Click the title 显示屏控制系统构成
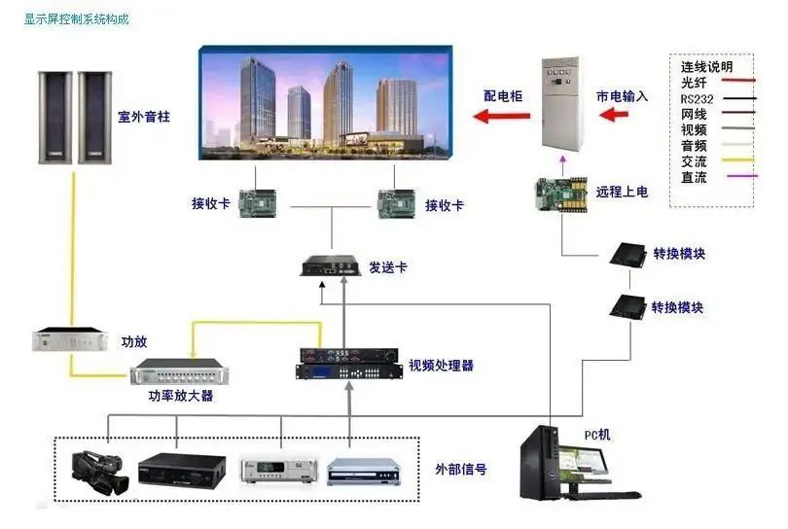(77, 18)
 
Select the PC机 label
(597, 435)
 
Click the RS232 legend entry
(697, 98)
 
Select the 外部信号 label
(461, 470)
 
